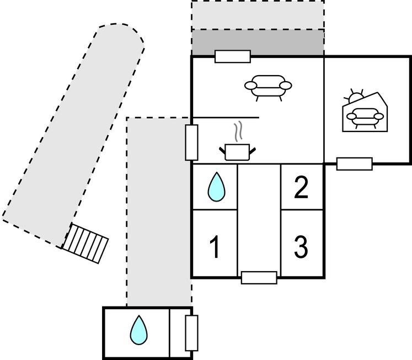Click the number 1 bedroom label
coord(215,247)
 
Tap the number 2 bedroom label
coord(301,188)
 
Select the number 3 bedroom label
coord(301,247)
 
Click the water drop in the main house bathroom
coord(216,187)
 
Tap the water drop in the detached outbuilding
coord(138,330)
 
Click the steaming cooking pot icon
coord(238,151)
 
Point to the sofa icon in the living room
coord(268,87)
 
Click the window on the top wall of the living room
coord(232,56)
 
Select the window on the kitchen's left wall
coord(191,142)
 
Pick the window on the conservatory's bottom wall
coord(354,163)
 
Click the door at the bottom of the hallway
coord(259,277)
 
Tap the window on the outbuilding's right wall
coord(191,333)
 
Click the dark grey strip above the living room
coord(258,43)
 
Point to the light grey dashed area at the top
coord(258,15)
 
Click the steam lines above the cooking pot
coord(239,131)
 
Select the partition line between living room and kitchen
coord(226,118)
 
